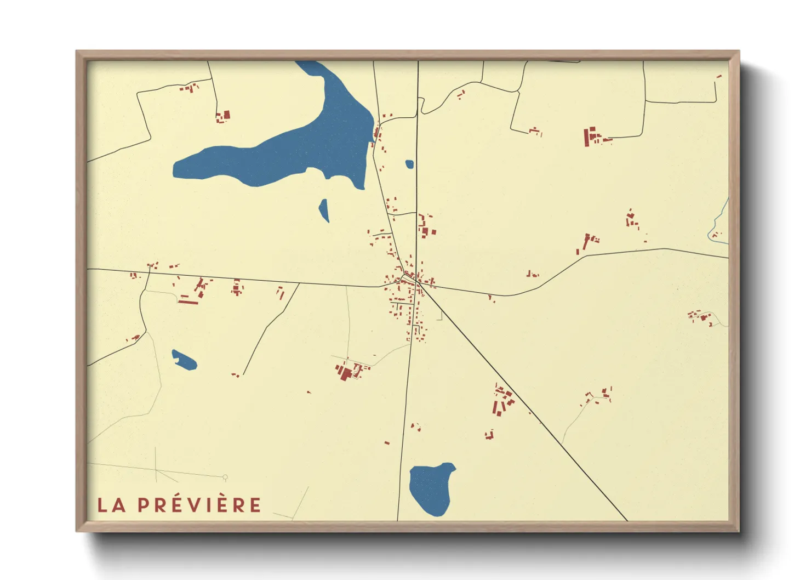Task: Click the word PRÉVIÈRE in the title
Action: tap(199, 505)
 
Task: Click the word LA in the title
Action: tap(111, 505)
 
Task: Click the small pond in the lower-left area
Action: tap(184, 360)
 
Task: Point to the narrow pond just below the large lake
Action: tap(324, 210)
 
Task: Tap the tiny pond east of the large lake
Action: tap(409, 164)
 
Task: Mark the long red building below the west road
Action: tap(188, 301)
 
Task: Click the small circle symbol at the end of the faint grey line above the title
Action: tap(225, 477)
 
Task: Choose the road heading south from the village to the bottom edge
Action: tap(404, 428)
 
